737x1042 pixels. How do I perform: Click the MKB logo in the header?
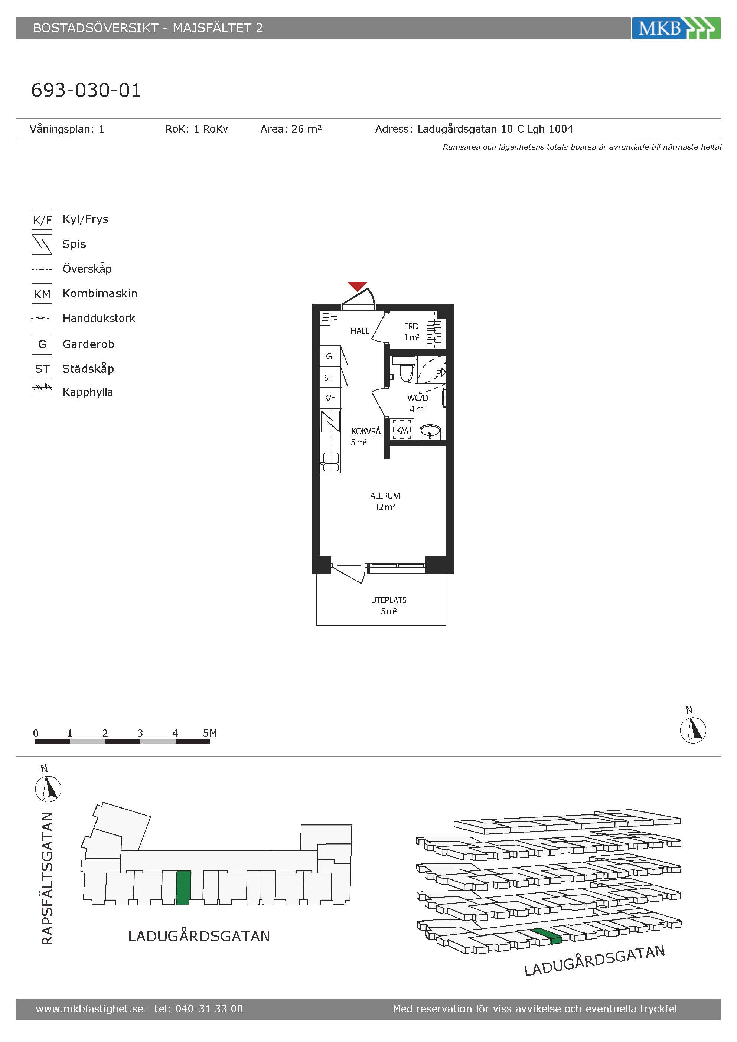pyautogui.click(x=676, y=28)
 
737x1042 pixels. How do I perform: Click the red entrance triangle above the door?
pyautogui.click(x=357, y=286)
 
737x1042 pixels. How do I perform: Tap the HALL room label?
pyautogui.click(x=359, y=331)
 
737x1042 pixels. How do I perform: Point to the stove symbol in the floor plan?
pyautogui.click(x=330, y=421)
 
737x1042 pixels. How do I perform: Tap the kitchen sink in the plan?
pyautogui.click(x=330, y=462)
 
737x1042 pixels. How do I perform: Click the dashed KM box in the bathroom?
pyautogui.click(x=402, y=429)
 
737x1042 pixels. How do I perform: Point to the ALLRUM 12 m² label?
pyautogui.click(x=385, y=502)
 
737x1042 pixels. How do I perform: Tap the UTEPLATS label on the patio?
pyautogui.click(x=388, y=600)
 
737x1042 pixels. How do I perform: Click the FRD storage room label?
pyautogui.click(x=411, y=326)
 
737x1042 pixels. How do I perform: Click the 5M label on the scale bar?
pyautogui.click(x=210, y=733)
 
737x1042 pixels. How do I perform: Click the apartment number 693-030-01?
pyautogui.click(x=86, y=90)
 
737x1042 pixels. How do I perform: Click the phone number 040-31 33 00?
pyautogui.click(x=209, y=1009)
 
